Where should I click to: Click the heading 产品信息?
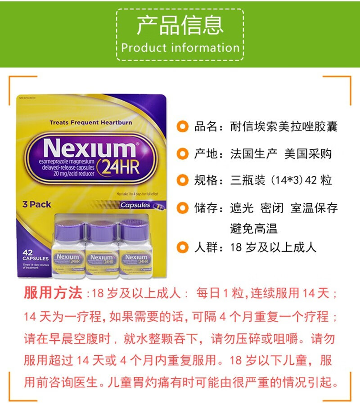coord(180,25)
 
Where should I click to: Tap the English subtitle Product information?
coord(180,48)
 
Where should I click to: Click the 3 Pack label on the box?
coord(37,204)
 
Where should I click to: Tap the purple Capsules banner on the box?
coord(138,205)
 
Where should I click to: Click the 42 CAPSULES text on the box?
coord(36,256)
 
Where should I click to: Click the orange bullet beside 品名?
coord(183,127)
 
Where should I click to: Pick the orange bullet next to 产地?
coord(183,154)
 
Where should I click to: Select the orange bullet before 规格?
coord(183,181)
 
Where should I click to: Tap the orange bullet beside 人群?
coord(183,247)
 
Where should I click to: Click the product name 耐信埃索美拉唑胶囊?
coord(283,127)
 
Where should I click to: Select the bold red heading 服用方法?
coord(53,294)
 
